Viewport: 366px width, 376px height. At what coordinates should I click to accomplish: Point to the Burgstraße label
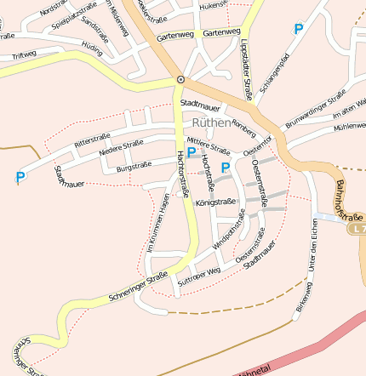click(x=134, y=165)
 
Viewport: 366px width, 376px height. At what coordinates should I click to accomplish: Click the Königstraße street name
click(x=215, y=202)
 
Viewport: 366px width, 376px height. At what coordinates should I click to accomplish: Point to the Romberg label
click(x=243, y=128)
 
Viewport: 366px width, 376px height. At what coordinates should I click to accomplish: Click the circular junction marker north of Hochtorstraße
click(x=180, y=79)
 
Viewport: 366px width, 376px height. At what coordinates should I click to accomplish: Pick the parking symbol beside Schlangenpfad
click(x=298, y=29)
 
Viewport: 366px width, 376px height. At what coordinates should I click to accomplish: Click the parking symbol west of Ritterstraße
click(x=20, y=177)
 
